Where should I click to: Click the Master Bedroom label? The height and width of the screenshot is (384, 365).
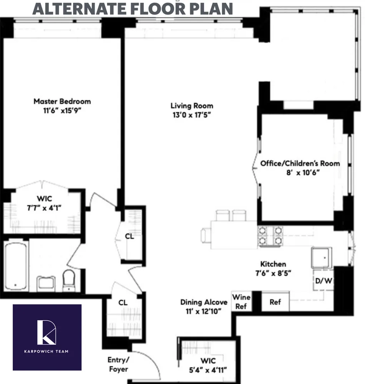pos(62,101)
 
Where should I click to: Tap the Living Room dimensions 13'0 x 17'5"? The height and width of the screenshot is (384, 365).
pos(192,115)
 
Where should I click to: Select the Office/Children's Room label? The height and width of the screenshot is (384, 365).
pos(300,163)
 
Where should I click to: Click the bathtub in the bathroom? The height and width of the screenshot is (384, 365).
pos(16,266)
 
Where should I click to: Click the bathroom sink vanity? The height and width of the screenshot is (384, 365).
pos(46,283)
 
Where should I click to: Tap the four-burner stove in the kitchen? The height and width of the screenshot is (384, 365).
pos(270,236)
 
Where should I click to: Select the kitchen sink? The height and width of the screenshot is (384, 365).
pos(321,257)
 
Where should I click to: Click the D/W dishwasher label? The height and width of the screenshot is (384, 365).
pos(324,281)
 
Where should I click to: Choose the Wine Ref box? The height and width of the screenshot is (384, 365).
pos(242,302)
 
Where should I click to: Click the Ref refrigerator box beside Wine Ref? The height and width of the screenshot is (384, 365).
pos(275,302)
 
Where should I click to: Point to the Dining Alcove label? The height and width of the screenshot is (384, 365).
pos(204,302)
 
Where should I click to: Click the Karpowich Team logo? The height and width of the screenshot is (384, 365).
pos(47,337)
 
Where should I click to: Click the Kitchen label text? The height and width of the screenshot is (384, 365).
pos(273,264)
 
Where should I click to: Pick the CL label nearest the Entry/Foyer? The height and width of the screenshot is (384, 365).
pos(123,303)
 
